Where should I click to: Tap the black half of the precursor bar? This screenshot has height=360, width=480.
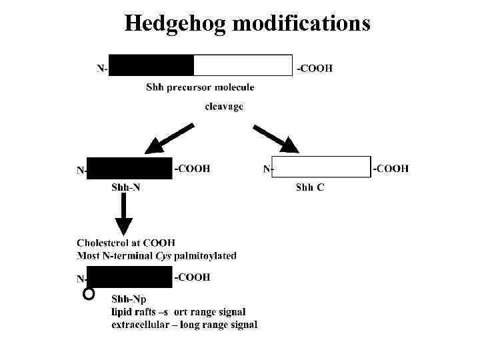tap(151, 65)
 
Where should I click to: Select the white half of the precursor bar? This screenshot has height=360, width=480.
tap(243, 65)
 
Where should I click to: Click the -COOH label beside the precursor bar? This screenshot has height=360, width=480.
tap(315, 68)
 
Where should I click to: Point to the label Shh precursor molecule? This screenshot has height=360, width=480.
tap(200, 87)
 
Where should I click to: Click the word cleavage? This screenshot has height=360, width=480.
tap(224, 106)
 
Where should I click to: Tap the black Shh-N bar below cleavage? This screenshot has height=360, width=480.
tap(129, 168)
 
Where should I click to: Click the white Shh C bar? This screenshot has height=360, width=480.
tap(321, 167)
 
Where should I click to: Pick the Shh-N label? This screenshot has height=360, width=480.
tap(125, 187)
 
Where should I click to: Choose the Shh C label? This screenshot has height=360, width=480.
tap(310, 187)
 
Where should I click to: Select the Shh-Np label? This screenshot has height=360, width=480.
tap(129, 299)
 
